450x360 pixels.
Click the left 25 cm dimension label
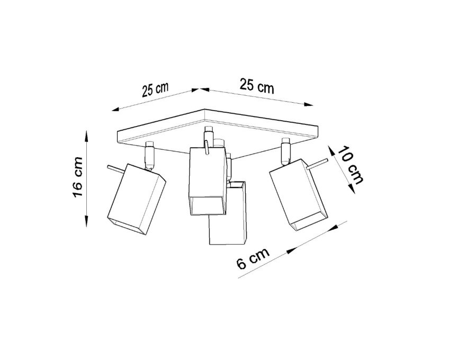point(155,89)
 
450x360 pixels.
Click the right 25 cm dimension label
point(257,85)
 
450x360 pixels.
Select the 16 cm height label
point(77,177)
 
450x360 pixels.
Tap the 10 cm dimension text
point(350,165)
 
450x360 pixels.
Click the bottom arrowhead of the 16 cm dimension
point(87,221)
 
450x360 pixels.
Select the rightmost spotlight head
point(298,195)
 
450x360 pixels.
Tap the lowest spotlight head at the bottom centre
point(228,213)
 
